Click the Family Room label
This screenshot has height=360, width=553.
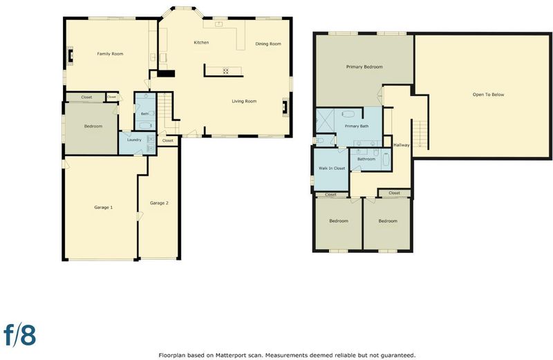pos(110,54)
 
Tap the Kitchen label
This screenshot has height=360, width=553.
pos(201,43)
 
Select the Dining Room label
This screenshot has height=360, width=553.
pos(268,44)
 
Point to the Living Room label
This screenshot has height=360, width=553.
pos(244,101)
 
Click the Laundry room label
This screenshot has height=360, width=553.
pos(134,140)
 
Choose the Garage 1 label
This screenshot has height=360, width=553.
pos(103,207)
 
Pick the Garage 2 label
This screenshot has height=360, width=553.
pos(159,203)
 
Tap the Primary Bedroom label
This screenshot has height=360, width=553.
pos(364,66)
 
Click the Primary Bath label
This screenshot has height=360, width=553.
pos(357,126)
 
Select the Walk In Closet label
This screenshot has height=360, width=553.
pos(332,168)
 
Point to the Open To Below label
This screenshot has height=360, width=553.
pos(489,95)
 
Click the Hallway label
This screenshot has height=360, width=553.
pos(402,145)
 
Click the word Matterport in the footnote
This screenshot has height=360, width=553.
pos(229,355)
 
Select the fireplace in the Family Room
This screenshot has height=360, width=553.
pos(71,55)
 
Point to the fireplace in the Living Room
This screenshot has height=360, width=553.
pos(285,107)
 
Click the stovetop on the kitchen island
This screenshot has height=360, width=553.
pos(225,71)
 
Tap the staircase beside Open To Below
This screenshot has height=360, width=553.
pos(420,134)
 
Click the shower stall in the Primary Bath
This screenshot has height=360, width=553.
pos(325,120)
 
